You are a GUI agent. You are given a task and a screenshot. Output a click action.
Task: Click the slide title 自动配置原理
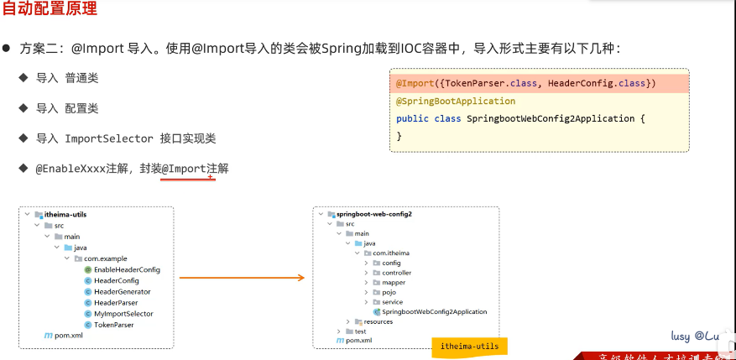pyautogui.click(x=50, y=10)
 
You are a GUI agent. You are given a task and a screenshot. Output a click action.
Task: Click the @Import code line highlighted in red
pyautogui.click(x=525, y=83)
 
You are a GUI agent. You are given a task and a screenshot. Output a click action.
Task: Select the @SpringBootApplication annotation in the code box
pyautogui.click(x=456, y=101)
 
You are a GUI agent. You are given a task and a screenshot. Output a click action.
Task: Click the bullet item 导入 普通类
pyautogui.click(x=67, y=78)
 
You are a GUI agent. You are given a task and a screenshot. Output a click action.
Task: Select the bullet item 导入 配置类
pyautogui.click(x=67, y=108)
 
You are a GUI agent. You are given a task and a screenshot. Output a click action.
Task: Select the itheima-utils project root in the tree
pyautogui.click(x=65, y=215)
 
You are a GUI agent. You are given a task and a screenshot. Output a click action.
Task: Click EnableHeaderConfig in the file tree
pyautogui.click(x=127, y=270)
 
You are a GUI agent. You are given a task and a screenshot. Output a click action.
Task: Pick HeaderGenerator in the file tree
pyautogui.click(x=123, y=292)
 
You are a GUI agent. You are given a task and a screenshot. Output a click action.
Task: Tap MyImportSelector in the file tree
pyautogui.click(x=123, y=314)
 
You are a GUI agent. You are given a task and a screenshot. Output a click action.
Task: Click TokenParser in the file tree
pyautogui.click(x=113, y=325)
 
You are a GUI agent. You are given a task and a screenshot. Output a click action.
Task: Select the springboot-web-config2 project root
pyautogui.click(x=373, y=214)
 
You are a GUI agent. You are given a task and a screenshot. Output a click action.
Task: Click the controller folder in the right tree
pyautogui.click(x=396, y=273)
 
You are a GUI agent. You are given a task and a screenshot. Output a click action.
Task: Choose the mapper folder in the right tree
pyautogui.click(x=393, y=283)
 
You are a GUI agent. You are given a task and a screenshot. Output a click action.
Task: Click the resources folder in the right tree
pyautogui.click(x=378, y=321)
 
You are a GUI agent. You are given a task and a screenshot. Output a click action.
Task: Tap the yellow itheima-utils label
pyautogui.click(x=469, y=346)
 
